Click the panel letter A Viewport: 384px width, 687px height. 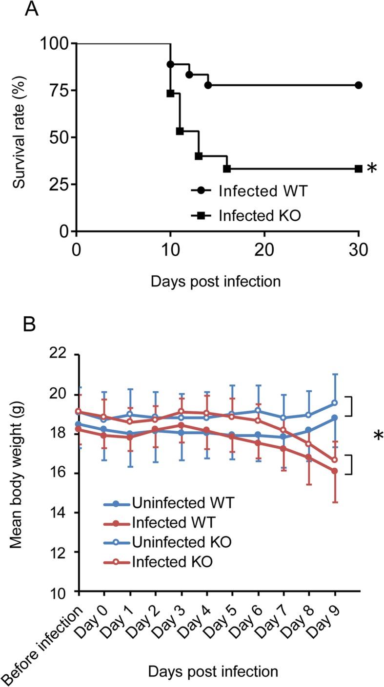click(32, 10)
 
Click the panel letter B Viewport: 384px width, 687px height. click(31, 324)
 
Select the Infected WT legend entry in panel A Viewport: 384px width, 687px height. click(249, 191)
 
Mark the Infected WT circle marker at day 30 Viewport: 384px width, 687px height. click(359, 85)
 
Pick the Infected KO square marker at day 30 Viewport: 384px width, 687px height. click(359, 169)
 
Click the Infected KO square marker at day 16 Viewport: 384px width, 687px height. click(227, 169)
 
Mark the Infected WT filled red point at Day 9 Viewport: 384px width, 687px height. click(335, 471)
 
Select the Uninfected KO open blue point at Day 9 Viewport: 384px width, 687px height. click(335, 402)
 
